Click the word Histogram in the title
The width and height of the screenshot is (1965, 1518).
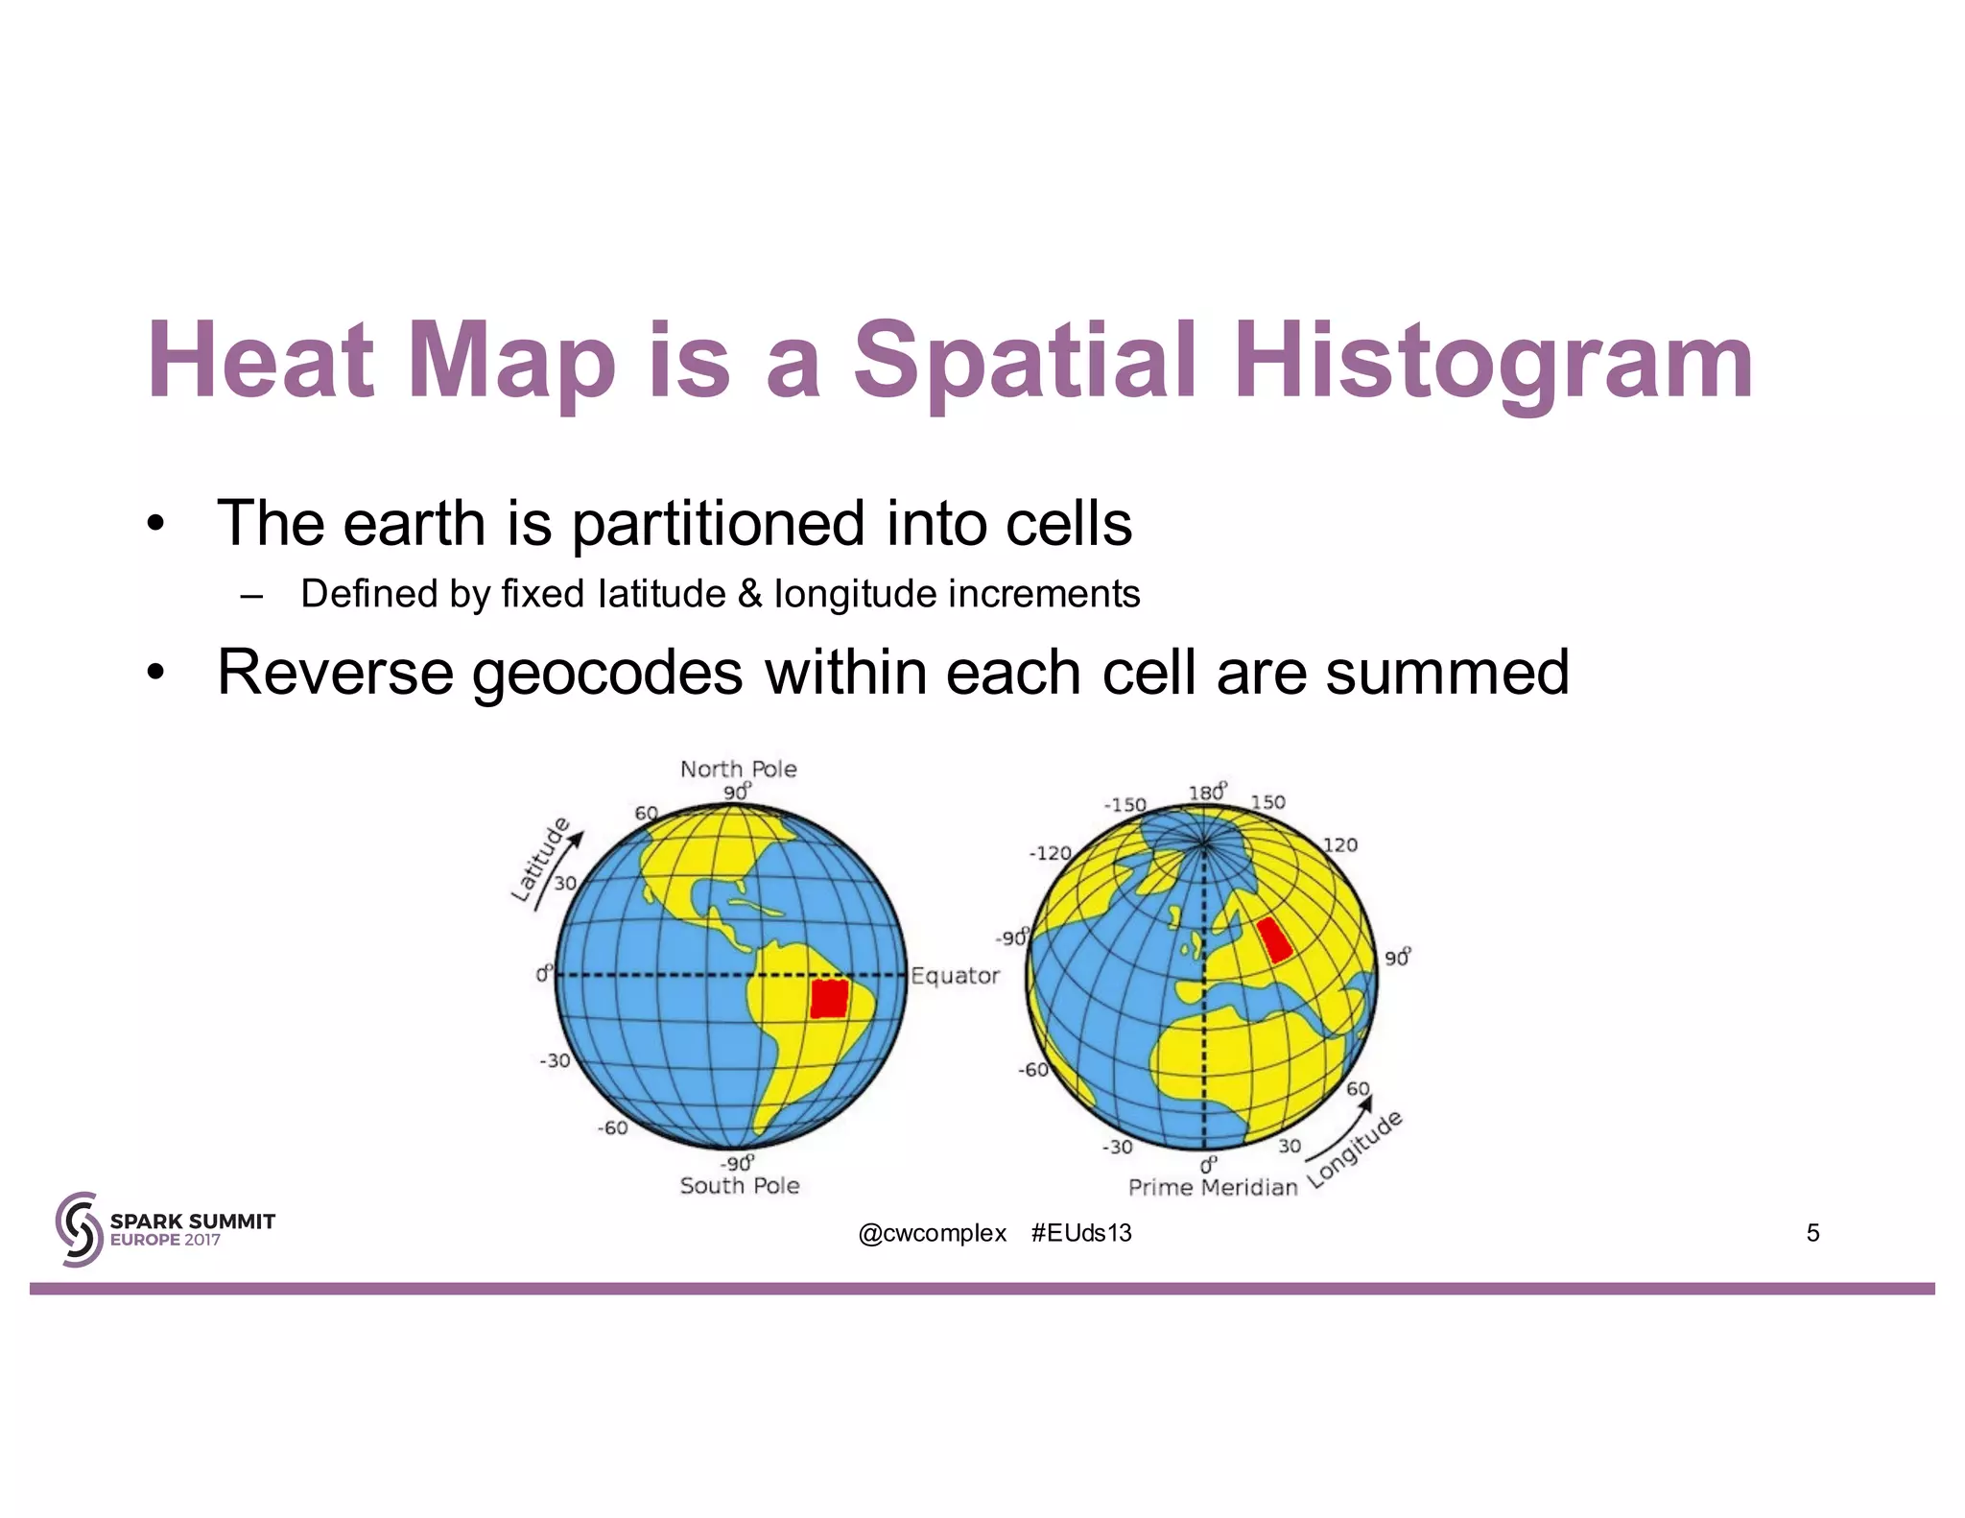(x=1494, y=362)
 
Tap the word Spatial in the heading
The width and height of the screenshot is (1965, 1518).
(x=1024, y=362)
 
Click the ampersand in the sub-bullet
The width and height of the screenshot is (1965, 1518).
(x=749, y=594)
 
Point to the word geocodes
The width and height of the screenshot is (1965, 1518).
(x=606, y=673)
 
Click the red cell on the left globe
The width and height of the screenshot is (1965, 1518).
(x=829, y=999)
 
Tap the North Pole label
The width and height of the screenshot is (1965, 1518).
(x=738, y=769)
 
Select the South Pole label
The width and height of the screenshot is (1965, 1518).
(x=739, y=1186)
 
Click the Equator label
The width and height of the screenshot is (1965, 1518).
(x=955, y=976)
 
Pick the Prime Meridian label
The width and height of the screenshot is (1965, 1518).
(x=1212, y=1187)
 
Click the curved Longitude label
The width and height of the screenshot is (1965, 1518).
(x=1356, y=1149)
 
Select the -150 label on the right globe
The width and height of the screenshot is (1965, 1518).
(x=1125, y=804)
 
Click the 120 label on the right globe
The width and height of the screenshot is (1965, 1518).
(x=1340, y=844)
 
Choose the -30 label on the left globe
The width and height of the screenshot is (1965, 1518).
(x=555, y=1060)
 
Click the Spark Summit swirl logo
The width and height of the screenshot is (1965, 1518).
(x=79, y=1229)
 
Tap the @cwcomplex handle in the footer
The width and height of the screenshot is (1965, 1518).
(x=932, y=1233)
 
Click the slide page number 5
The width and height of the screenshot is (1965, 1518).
(x=1812, y=1233)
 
